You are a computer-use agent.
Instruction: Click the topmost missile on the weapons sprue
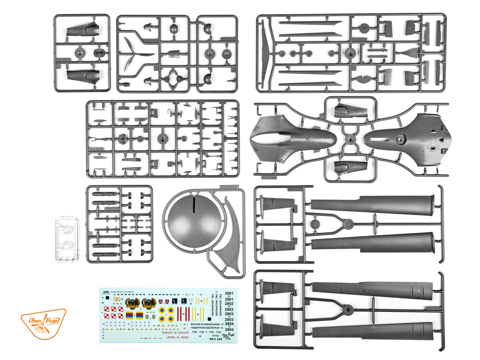(x=105, y=196)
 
